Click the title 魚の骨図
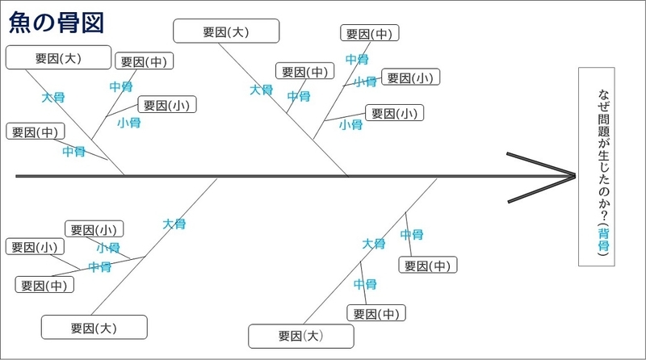(x=56, y=22)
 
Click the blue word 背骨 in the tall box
(x=603, y=240)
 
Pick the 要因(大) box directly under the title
(x=58, y=58)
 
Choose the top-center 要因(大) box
(x=226, y=32)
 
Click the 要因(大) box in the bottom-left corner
(x=94, y=327)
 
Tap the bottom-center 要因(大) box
(x=300, y=335)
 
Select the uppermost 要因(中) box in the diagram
(x=369, y=34)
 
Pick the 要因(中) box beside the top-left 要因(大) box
(x=145, y=62)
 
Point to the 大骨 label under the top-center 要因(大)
(x=261, y=90)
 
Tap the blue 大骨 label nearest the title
(x=53, y=97)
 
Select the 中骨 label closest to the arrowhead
(x=412, y=235)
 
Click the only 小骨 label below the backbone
(x=108, y=248)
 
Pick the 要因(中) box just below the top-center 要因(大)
(x=304, y=72)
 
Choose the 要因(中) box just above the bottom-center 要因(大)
(x=375, y=313)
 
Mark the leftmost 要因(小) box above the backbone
(x=167, y=105)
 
